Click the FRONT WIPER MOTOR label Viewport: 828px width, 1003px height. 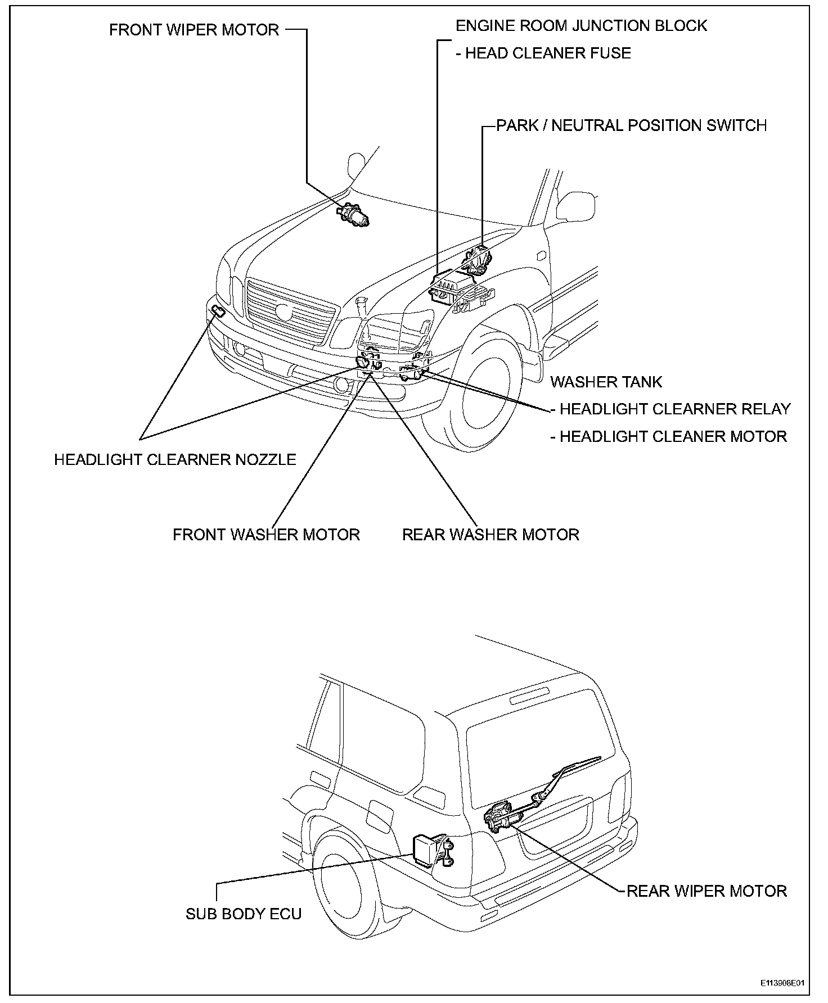coord(194,30)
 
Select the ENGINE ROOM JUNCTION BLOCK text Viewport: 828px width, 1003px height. coord(581,25)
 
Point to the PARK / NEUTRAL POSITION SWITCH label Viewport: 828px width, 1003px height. coord(631,125)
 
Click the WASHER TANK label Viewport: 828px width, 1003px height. coord(606,382)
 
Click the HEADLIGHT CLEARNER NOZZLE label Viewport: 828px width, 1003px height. coord(175,459)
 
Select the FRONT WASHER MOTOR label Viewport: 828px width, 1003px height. coord(266,534)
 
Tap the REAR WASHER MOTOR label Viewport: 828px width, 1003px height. coord(490,534)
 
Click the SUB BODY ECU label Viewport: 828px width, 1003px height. coord(244,914)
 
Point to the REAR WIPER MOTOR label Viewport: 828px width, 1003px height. coord(706,891)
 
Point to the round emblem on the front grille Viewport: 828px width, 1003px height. coord(285,310)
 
